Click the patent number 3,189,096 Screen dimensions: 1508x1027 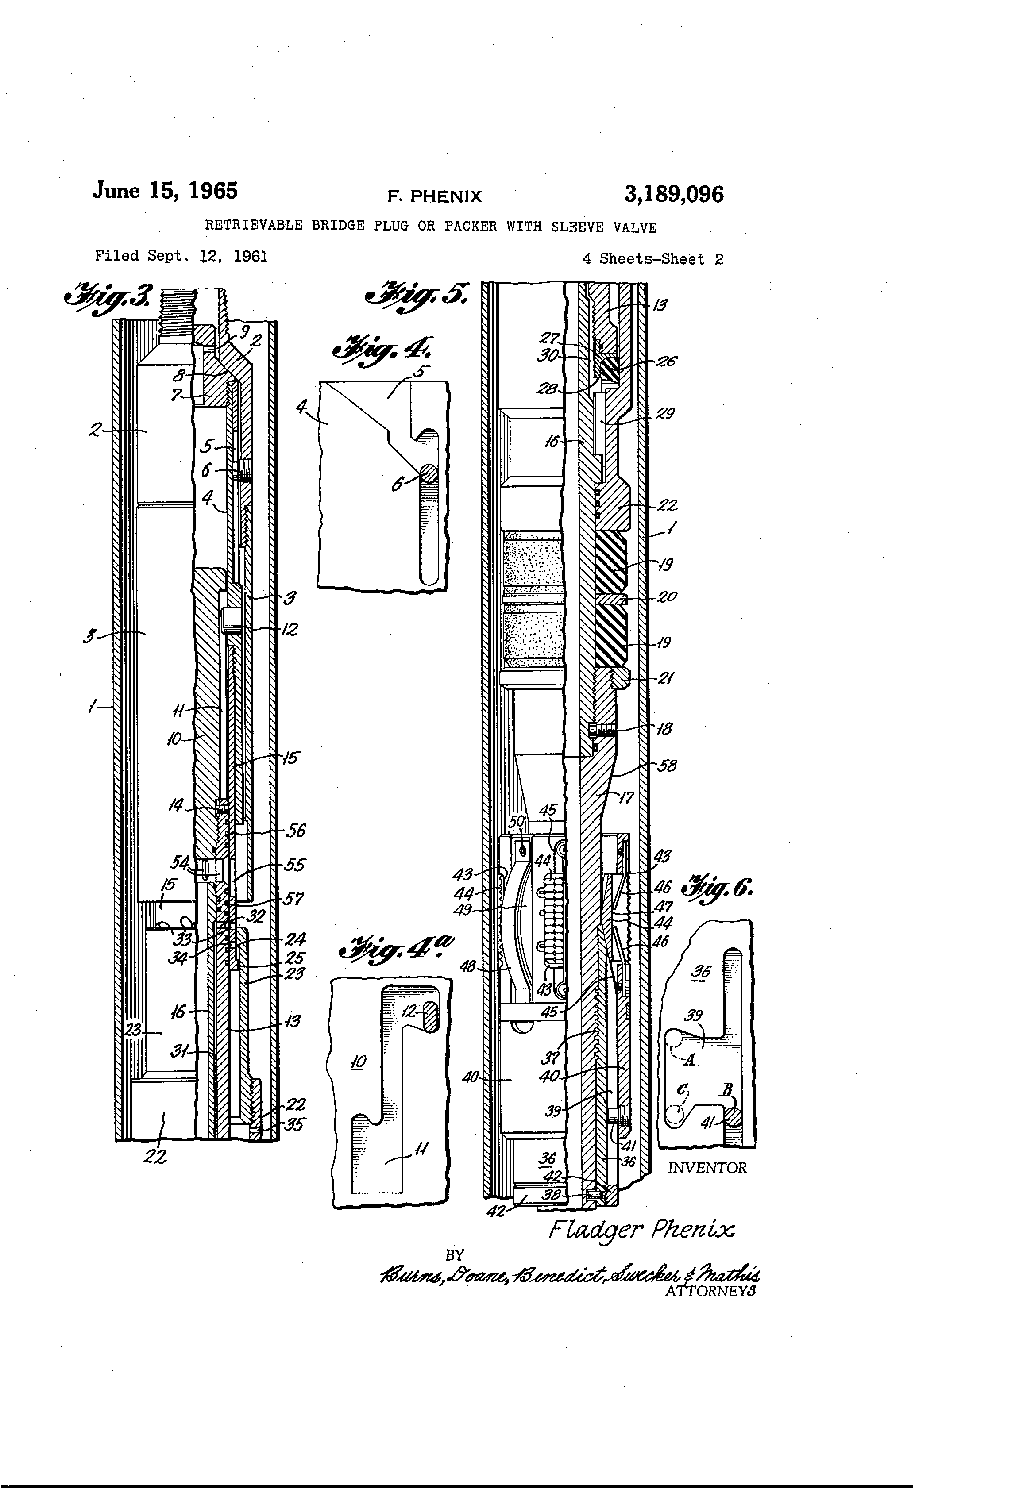(x=673, y=194)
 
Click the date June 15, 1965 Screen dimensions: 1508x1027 (x=165, y=191)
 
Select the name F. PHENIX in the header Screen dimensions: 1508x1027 (x=434, y=196)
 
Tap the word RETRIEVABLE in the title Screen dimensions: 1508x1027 (x=254, y=226)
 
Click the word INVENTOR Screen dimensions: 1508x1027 (x=707, y=1168)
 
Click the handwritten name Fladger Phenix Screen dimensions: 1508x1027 (x=641, y=1229)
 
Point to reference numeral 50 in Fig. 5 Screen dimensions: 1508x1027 (x=516, y=822)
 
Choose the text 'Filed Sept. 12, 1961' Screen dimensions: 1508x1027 (x=181, y=256)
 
